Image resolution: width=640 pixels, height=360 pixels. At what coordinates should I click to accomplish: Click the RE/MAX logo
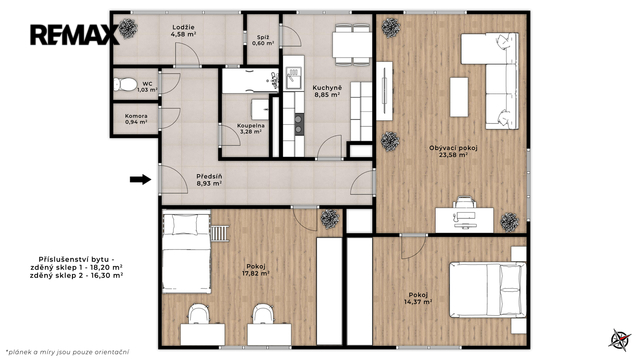coord(75,35)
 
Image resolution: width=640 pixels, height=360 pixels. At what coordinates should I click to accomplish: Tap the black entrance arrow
coord(140,179)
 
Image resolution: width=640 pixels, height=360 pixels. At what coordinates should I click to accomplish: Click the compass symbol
coord(620,340)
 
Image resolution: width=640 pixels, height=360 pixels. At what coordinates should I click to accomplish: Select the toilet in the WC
coord(125,84)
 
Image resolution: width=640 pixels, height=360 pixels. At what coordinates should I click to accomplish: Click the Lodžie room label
coord(183,31)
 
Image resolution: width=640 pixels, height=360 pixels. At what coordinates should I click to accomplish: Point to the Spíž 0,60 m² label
coord(263,40)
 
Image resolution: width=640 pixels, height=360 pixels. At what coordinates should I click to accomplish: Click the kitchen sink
coord(294,78)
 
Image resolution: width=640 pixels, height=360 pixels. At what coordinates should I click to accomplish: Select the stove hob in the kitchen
coord(300,124)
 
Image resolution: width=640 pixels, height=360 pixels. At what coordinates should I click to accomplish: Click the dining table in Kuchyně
coord(352,45)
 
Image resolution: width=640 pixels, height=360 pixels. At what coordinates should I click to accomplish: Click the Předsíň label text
coord(209,176)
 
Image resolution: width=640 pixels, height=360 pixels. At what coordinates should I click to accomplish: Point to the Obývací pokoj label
coord(453,148)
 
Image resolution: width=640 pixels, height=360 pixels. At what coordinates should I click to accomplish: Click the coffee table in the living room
coord(459,97)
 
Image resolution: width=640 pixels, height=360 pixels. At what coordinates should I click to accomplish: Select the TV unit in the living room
coord(384,91)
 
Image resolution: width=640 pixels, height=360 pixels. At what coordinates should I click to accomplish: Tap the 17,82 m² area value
coord(256,274)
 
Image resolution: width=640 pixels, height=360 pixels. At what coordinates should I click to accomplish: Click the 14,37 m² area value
coord(418,302)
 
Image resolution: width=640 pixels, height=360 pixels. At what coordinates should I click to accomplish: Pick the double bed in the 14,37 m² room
coord(487,290)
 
